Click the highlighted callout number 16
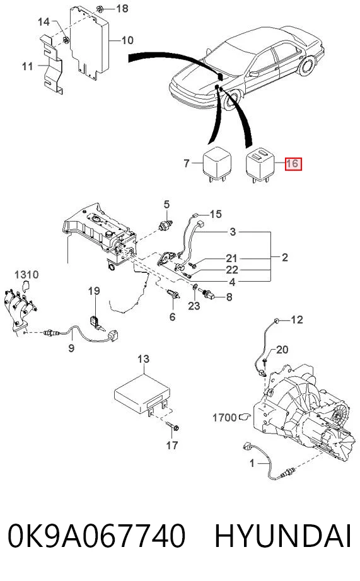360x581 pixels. click(293, 163)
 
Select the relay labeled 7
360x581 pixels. click(216, 163)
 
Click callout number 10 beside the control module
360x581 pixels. click(127, 40)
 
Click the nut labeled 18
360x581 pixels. click(100, 9)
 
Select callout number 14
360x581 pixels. click(44, 22)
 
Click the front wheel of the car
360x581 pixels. click(231, 101)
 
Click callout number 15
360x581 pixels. click(216, 214)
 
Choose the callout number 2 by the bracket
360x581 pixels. click(285, 257)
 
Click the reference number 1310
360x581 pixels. click(26, 275)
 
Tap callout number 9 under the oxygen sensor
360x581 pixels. click(71, 348)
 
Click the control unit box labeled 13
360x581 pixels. click(142, 394)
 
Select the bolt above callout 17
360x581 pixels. click(173, 426)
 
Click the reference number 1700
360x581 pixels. click(224, 418)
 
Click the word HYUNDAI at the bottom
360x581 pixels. click(283, 536)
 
